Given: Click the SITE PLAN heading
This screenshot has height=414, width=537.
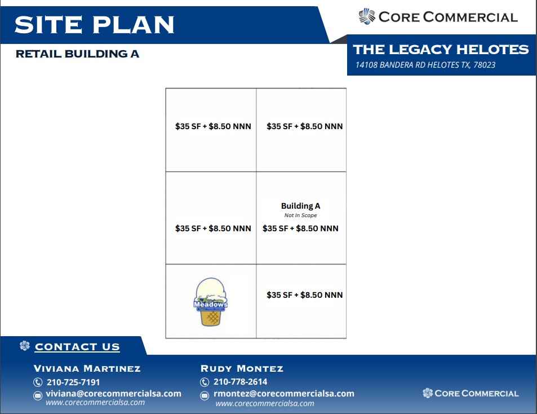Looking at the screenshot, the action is click(95, 25).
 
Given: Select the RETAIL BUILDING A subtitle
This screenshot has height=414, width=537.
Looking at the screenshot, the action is click(77, 54).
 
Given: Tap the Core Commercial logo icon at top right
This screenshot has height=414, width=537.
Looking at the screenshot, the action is click(367, 16).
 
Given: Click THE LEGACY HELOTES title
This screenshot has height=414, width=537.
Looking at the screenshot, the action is click(441, 49).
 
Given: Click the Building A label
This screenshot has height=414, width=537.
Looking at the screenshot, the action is click(301, 206).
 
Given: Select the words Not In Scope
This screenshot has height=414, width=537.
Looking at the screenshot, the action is click(300, 215).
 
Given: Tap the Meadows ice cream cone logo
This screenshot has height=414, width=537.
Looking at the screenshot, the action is click(211, 302).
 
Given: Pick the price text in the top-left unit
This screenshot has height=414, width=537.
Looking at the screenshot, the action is click(213, 126).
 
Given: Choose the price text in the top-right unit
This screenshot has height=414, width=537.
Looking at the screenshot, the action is click(304, 126).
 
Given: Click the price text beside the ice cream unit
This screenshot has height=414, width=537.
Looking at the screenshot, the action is click(304, 295).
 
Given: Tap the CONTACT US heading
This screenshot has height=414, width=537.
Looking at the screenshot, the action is click(77, 347).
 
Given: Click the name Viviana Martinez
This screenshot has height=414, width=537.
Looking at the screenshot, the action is click(87, 368).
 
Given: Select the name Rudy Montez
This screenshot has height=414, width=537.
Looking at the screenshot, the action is click(242, 368).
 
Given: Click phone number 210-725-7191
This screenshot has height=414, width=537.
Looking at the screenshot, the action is click(73, 382).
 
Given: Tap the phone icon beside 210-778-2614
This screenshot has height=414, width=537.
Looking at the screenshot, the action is click(205, 382).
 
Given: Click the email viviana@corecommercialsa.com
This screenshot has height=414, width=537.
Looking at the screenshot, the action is click(114, 394).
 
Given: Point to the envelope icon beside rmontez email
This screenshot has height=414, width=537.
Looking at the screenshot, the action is click(205, 396).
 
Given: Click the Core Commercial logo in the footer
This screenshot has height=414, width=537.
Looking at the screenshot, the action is click(471, 393).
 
